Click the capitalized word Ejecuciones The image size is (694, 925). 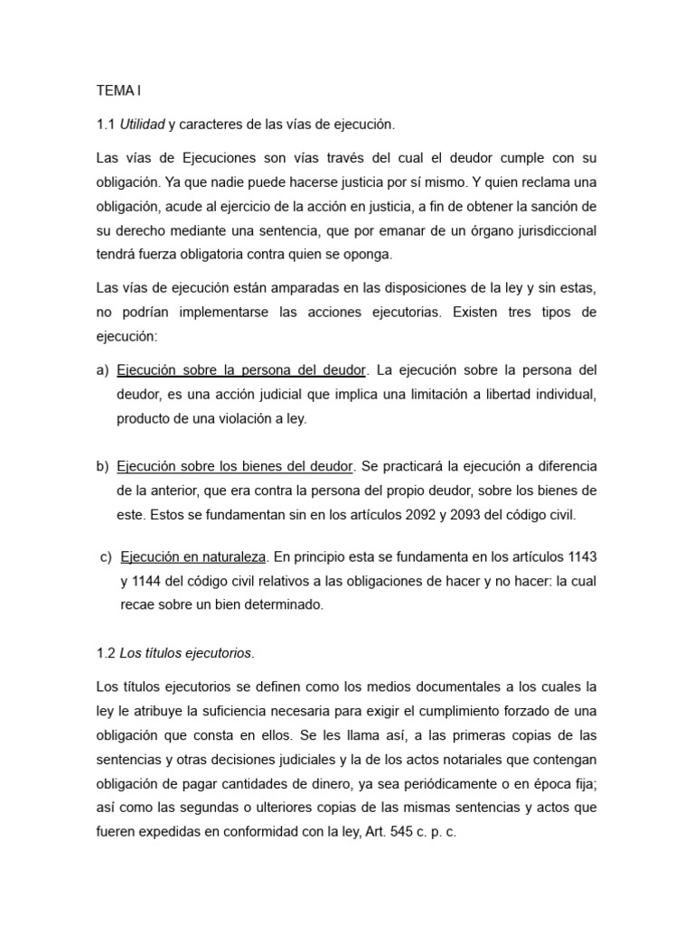pos(191,157)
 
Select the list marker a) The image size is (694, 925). pos(102,370)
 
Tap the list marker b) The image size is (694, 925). pos(102,466)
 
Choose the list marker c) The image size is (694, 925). pos(106,556)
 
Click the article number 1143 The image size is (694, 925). pos(577,556)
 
